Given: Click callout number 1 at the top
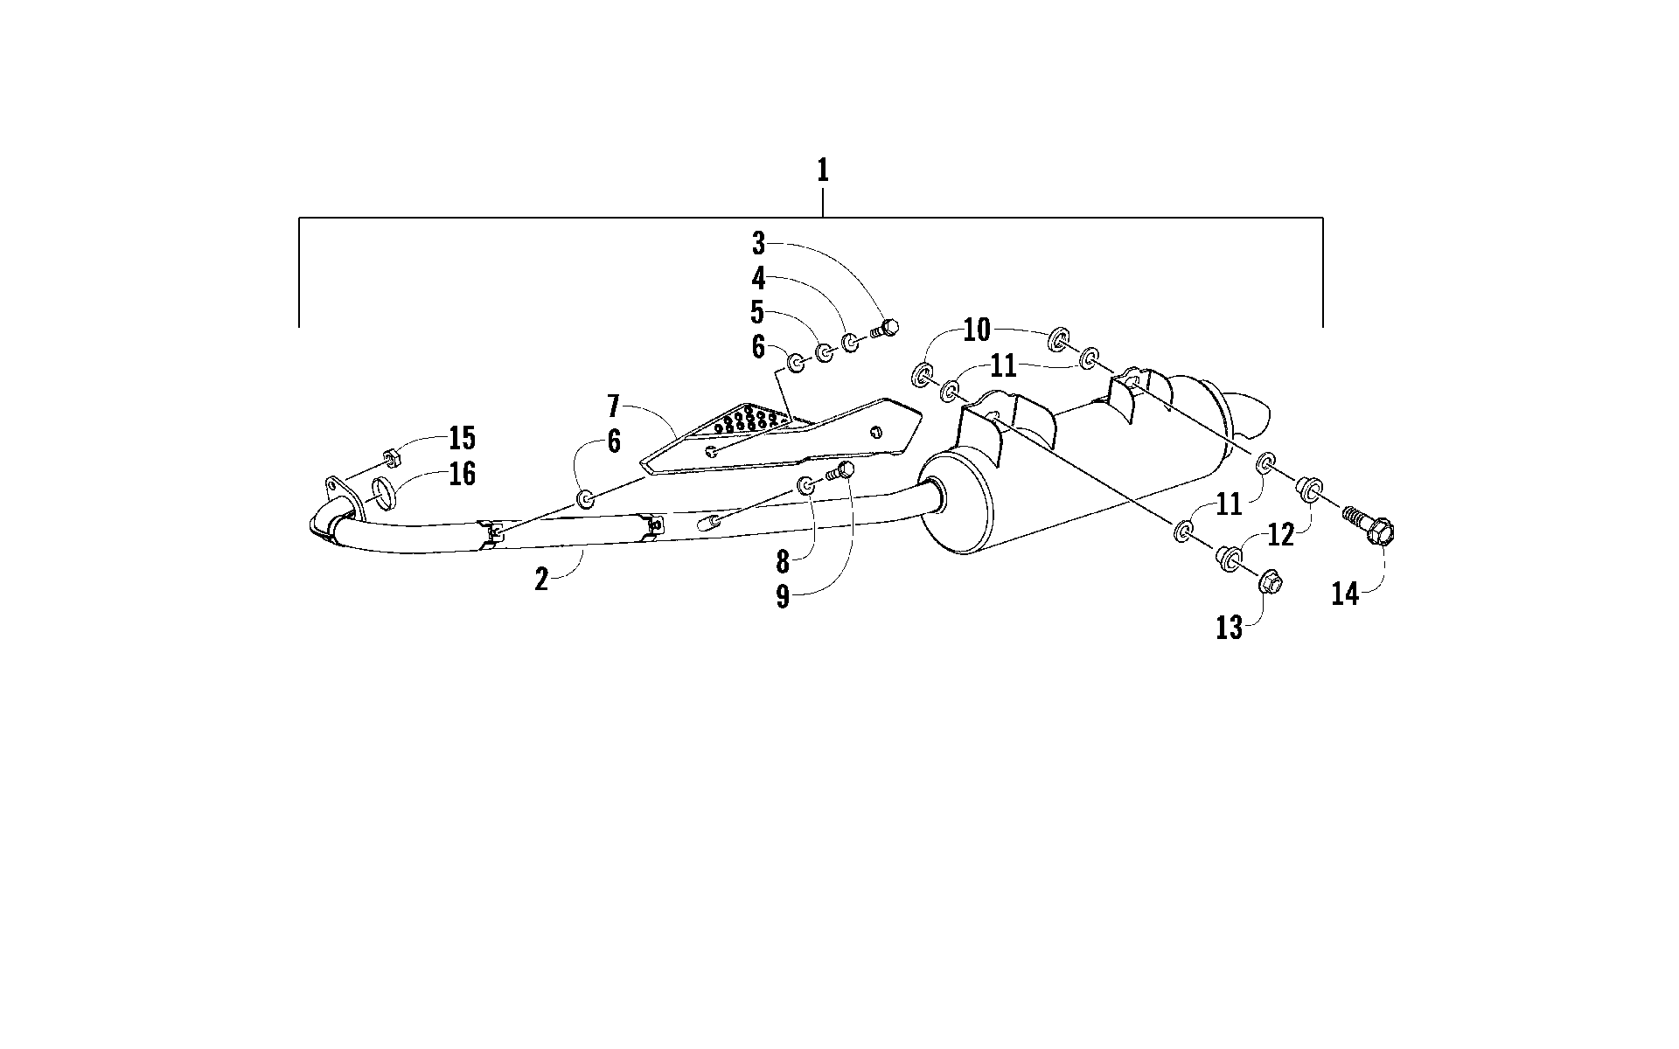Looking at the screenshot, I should pos(822,170).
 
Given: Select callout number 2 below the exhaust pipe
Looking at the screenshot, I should pos(542,579).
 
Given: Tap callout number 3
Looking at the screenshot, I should pos(758,243).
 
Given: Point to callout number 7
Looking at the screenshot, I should pos(614,406).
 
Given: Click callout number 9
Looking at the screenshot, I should pos(783,596).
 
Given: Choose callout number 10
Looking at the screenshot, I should pos(977,330).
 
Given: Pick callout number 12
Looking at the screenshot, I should pos(1280,534).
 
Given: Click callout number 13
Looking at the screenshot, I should pos(1229,627).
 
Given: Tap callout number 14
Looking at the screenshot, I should pos(1346,594).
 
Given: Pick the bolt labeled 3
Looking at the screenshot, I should pos(885,329).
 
